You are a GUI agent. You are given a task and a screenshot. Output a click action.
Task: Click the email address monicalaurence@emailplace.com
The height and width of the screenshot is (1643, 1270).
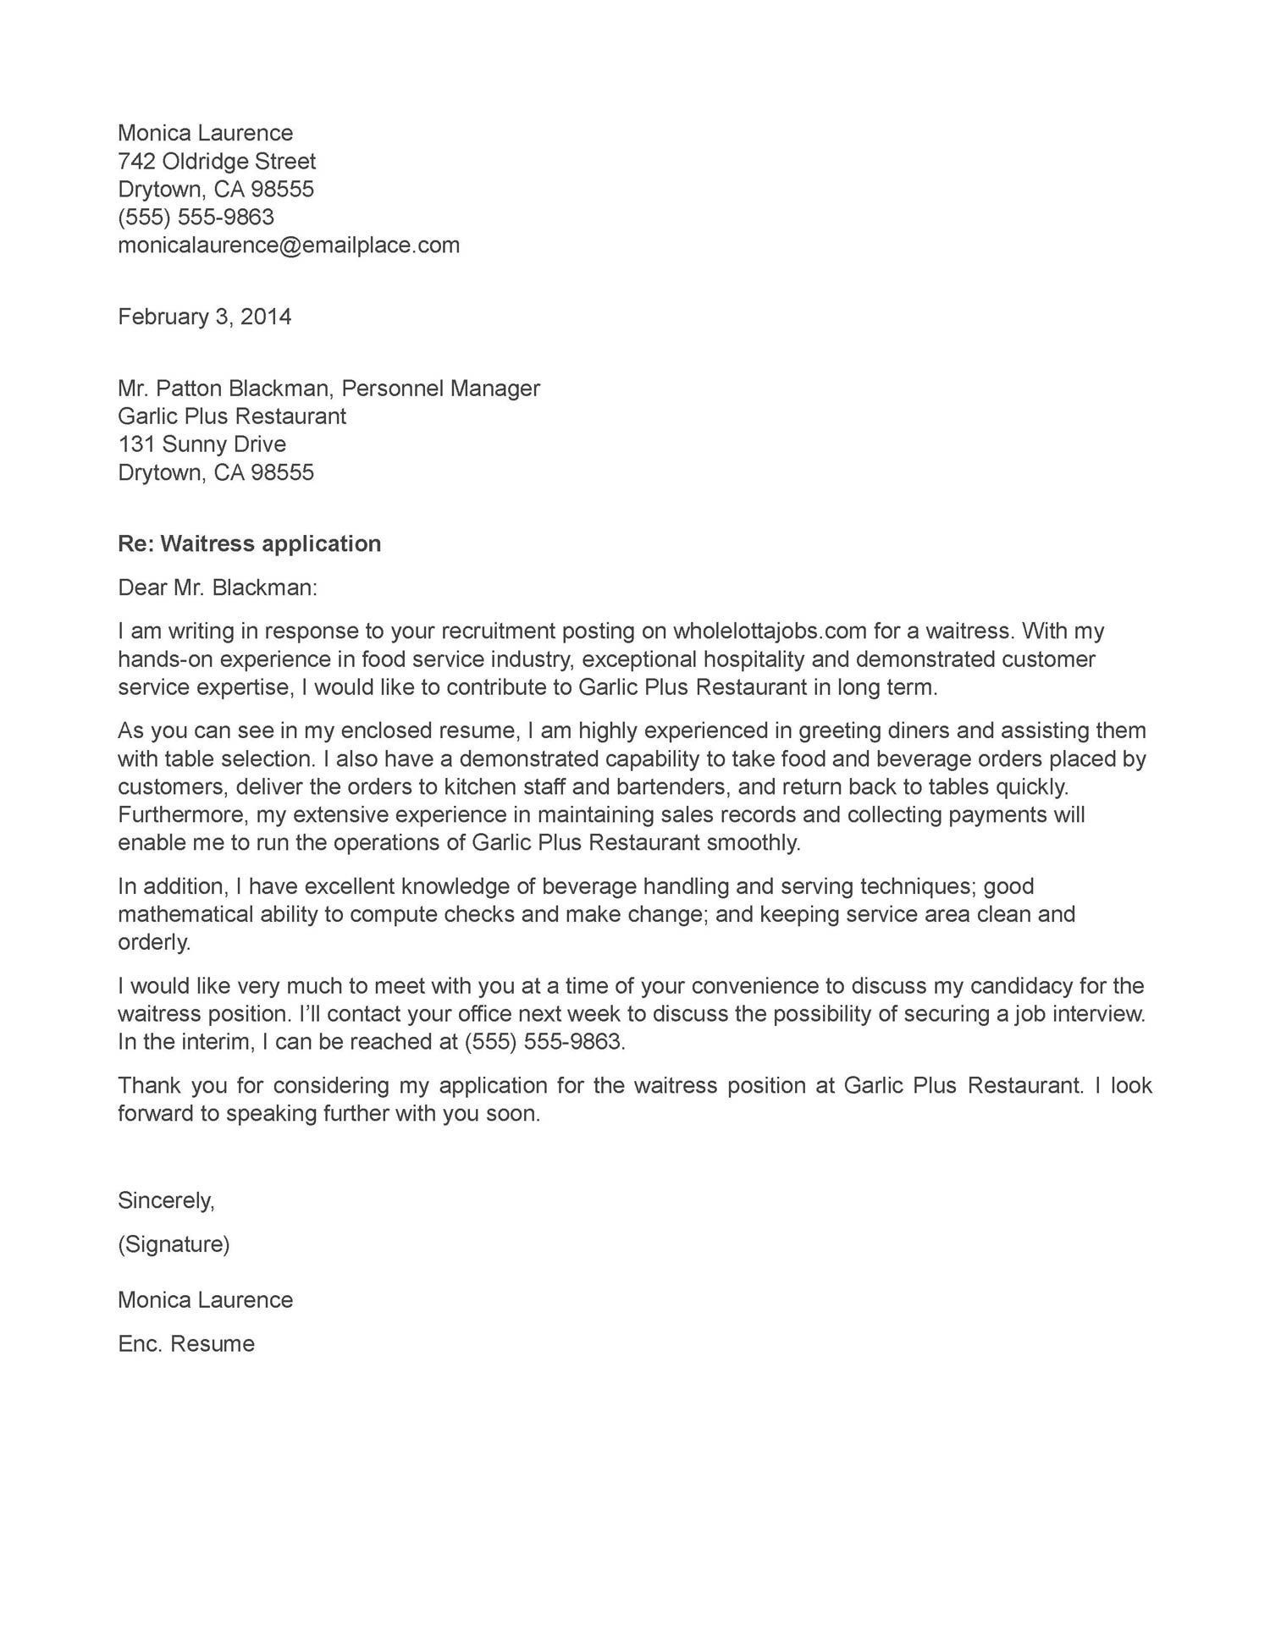289,245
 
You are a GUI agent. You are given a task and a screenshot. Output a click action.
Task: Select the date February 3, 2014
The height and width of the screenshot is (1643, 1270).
204,317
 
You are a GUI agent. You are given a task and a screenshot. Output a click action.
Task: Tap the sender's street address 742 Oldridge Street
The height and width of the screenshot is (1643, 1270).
217,161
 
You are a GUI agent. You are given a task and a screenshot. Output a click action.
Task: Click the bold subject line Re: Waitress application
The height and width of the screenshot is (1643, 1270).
249,543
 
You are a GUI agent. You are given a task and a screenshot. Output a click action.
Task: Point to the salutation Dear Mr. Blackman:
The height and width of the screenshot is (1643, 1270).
218,587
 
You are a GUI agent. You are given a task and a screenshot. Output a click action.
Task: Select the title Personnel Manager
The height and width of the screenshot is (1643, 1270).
440,389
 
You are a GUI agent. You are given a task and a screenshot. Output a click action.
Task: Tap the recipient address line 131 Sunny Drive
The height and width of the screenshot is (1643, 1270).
202,444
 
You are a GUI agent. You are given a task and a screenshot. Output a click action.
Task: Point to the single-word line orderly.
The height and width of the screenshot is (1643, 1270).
154,943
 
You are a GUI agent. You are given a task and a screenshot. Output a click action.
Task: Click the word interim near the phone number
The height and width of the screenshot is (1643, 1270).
217,1042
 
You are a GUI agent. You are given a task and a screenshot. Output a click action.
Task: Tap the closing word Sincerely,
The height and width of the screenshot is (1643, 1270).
166,1200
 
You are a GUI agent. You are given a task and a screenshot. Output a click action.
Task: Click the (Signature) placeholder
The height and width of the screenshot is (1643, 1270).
174,1244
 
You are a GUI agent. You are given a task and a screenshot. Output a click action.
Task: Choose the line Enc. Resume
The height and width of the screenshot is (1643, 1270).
186,1344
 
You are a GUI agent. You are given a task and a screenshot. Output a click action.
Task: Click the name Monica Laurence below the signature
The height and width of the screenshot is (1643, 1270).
205,1300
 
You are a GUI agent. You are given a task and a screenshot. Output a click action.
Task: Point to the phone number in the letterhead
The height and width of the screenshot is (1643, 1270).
196,218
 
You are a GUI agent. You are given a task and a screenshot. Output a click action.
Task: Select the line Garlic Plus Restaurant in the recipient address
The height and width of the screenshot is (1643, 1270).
232,416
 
